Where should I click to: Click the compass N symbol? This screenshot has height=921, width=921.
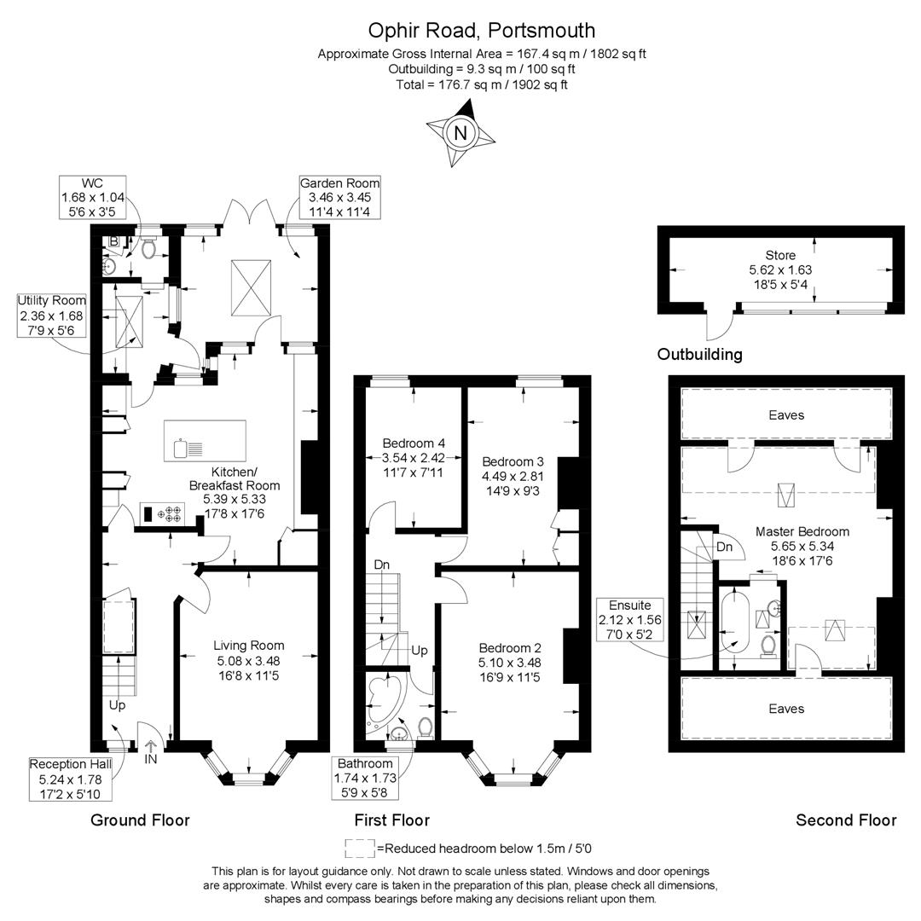[x=460, y=133]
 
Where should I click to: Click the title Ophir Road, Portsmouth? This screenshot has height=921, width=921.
[x=481, y=31]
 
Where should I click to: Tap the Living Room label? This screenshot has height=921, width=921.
[x=248, y=646]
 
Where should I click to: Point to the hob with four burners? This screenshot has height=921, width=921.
[x=172, y=514]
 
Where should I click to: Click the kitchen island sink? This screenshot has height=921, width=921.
[x=180, y=447]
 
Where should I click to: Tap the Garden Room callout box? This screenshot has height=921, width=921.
[x=339, y=198]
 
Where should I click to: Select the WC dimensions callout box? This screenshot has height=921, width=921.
[x=92, y=198]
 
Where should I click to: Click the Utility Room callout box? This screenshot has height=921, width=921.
[x=52, y=316]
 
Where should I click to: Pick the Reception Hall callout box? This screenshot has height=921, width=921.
[x=69, y=779]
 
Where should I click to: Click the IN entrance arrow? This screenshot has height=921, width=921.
[x=151, y=750]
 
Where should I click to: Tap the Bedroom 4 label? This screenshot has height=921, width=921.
[x=414, y=443]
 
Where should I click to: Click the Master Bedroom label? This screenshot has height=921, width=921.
[x=802, y=531]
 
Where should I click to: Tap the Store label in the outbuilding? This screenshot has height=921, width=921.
[x=779, y=255]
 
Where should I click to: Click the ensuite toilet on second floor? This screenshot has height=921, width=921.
[x=767, y=646]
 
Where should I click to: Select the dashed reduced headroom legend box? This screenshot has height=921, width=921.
[x=359, y=848]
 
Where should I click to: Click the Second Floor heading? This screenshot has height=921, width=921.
[x=845, y=820]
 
